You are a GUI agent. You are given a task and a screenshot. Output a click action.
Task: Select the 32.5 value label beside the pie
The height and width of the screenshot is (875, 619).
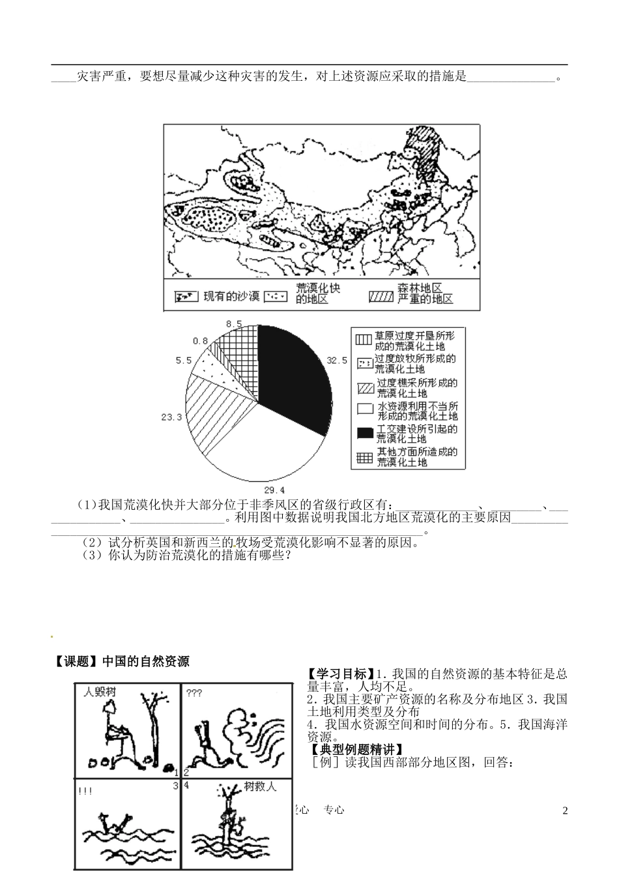[337, 360]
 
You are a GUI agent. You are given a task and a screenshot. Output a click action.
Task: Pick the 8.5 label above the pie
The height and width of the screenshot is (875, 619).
[234, 323]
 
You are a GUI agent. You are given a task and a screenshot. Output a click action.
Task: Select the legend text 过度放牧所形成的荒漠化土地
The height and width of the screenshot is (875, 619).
[416, 364]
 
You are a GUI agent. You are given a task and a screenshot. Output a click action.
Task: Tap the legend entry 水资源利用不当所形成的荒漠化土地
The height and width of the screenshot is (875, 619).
[416, 411]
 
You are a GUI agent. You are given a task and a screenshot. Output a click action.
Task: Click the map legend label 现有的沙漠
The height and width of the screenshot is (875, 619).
[231, 297]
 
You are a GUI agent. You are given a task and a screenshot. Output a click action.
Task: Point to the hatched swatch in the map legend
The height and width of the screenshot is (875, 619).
[381, 297]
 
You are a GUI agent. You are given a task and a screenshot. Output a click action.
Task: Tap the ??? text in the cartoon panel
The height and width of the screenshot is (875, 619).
[194, 692]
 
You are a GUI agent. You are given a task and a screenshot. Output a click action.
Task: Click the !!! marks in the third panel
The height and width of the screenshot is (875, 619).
[85, 792]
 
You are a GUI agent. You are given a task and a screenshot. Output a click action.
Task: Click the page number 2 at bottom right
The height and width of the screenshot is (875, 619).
[565, 810]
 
